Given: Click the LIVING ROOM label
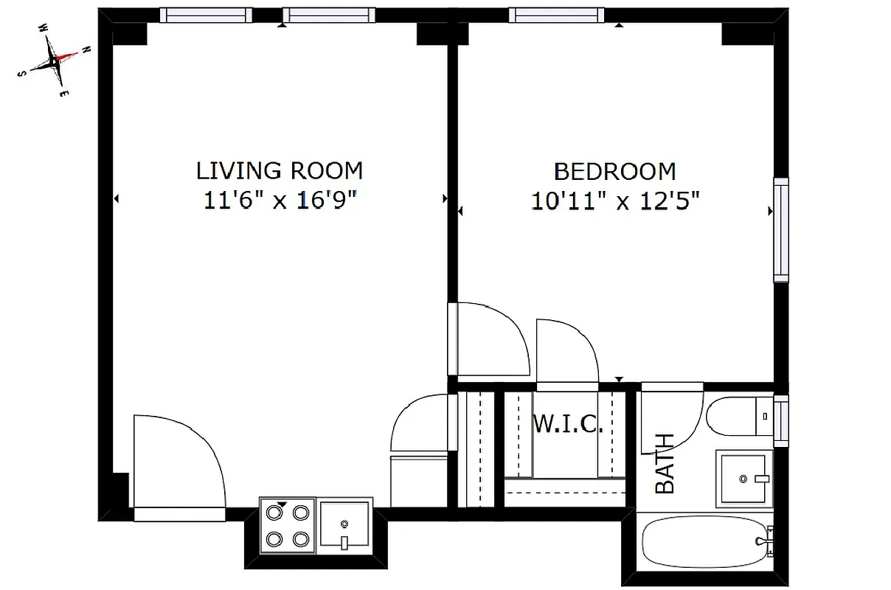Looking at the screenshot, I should point(279,170).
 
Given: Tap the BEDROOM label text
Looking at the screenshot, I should point(614,172).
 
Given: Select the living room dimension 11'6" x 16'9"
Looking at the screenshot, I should point(279,200).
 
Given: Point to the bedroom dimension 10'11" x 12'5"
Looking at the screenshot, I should point(614,201).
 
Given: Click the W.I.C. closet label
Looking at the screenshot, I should point(568,425).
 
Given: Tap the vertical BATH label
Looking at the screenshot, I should point(665,463).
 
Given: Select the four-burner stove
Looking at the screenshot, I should point(288,525).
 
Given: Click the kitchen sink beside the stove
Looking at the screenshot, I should point(345,525).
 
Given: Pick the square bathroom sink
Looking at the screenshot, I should point(742,478).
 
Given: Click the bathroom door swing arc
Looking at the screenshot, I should point(671,420).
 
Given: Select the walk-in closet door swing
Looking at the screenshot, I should point(566,351).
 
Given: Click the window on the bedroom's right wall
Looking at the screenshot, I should point(780,229).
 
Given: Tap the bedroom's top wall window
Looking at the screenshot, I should point(556,15).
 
